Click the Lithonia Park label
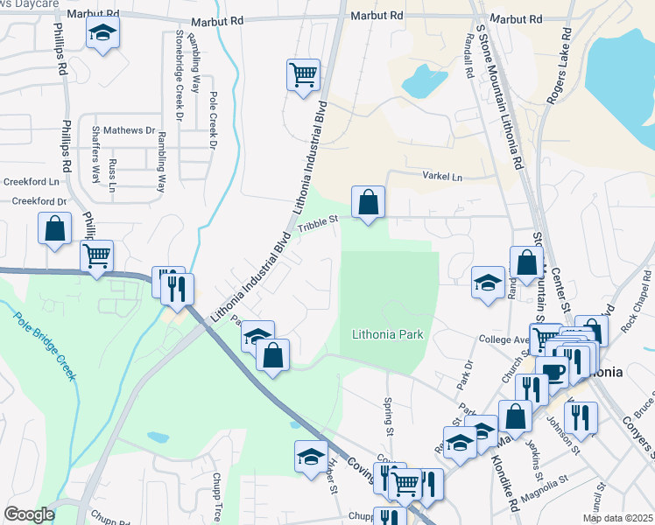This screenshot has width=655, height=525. tap(387, 334)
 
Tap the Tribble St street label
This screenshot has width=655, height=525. tap(317, 226)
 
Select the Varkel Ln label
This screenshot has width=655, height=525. tap(442, 177)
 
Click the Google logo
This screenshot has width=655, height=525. tap(29, 514)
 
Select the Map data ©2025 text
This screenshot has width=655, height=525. tap(616, 518)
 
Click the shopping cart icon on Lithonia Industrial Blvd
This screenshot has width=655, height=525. tap(302, 74)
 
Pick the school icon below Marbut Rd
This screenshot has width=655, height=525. tap(103, 35)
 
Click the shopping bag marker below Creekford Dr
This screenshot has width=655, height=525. tap(54, 228)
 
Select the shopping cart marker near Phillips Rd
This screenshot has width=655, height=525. tap(96, 255)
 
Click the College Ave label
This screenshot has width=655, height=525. tap(500, 339)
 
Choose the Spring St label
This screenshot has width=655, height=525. tap(388, 416)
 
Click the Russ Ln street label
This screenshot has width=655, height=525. tap(113, 173)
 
